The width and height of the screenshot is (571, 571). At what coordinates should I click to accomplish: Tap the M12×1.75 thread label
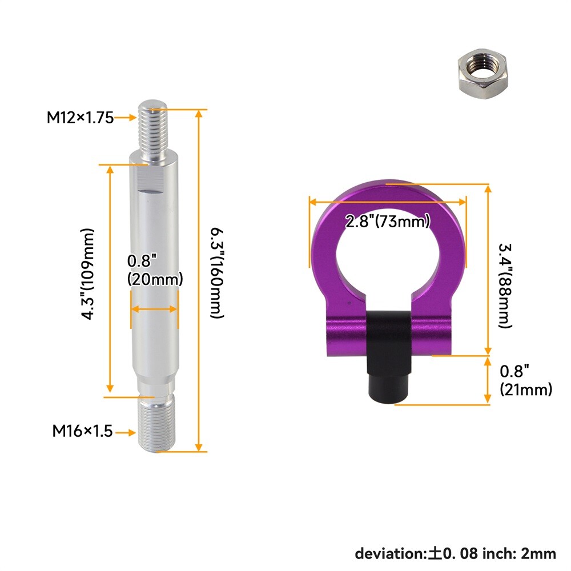click(80, 118)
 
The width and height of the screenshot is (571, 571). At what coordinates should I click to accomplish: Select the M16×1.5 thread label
click(83, 431)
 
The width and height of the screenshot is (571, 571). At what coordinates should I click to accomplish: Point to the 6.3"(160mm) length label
click(218, 273)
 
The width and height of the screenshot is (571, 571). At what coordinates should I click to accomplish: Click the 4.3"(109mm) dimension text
click(87, 274)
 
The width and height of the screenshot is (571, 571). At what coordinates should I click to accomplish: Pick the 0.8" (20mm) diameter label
click(155, 270)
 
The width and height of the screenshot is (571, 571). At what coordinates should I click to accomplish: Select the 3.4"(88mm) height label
click(505, 286)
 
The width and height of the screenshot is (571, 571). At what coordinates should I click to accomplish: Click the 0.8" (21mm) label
click(526, 380)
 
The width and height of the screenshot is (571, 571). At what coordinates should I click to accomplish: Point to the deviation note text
click(456, 553)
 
